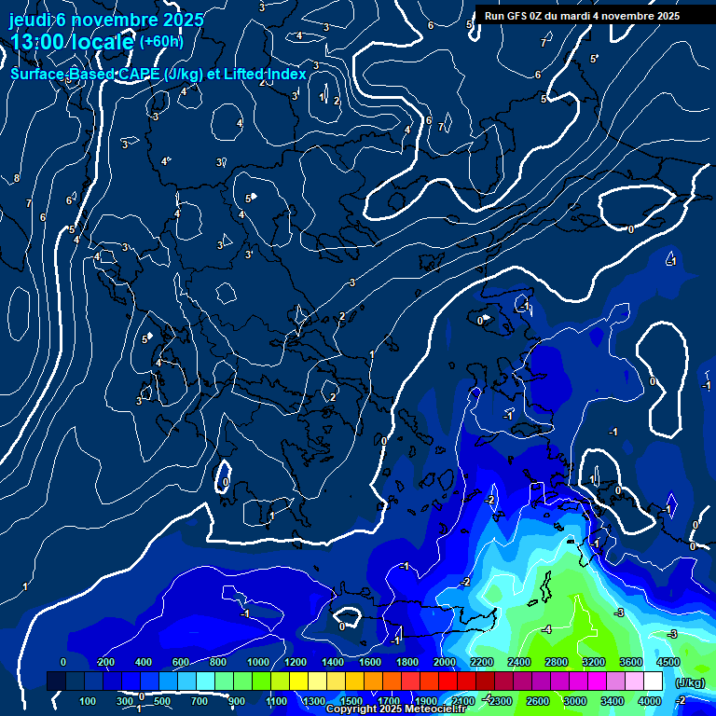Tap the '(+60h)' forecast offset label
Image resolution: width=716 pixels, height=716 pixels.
click(x=161, y=41)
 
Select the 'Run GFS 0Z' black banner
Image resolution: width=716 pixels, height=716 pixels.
click(x=582, y=16)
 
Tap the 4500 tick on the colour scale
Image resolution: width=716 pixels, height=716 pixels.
click(x=668, y=662)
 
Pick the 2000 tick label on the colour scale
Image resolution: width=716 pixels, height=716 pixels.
click(x=444, y=662)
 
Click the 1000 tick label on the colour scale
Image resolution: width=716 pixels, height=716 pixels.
click(x=257, y=662)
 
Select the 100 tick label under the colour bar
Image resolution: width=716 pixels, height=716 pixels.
click(x=88, y=701)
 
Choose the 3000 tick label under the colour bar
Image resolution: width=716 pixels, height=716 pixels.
click(x=574, y=701)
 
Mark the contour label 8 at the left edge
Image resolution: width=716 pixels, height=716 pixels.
click(x=16, y=178)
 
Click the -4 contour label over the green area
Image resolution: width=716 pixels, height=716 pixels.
click(x=547, y=630)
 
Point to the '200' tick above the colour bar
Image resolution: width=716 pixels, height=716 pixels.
click(x=105, y=662)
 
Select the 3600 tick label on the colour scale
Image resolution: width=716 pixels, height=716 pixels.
click(x=630, y=662)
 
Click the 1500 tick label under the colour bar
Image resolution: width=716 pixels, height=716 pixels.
click(x=351, y=701)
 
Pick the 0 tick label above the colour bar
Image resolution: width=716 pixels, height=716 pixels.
click(x=63, y=662)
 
